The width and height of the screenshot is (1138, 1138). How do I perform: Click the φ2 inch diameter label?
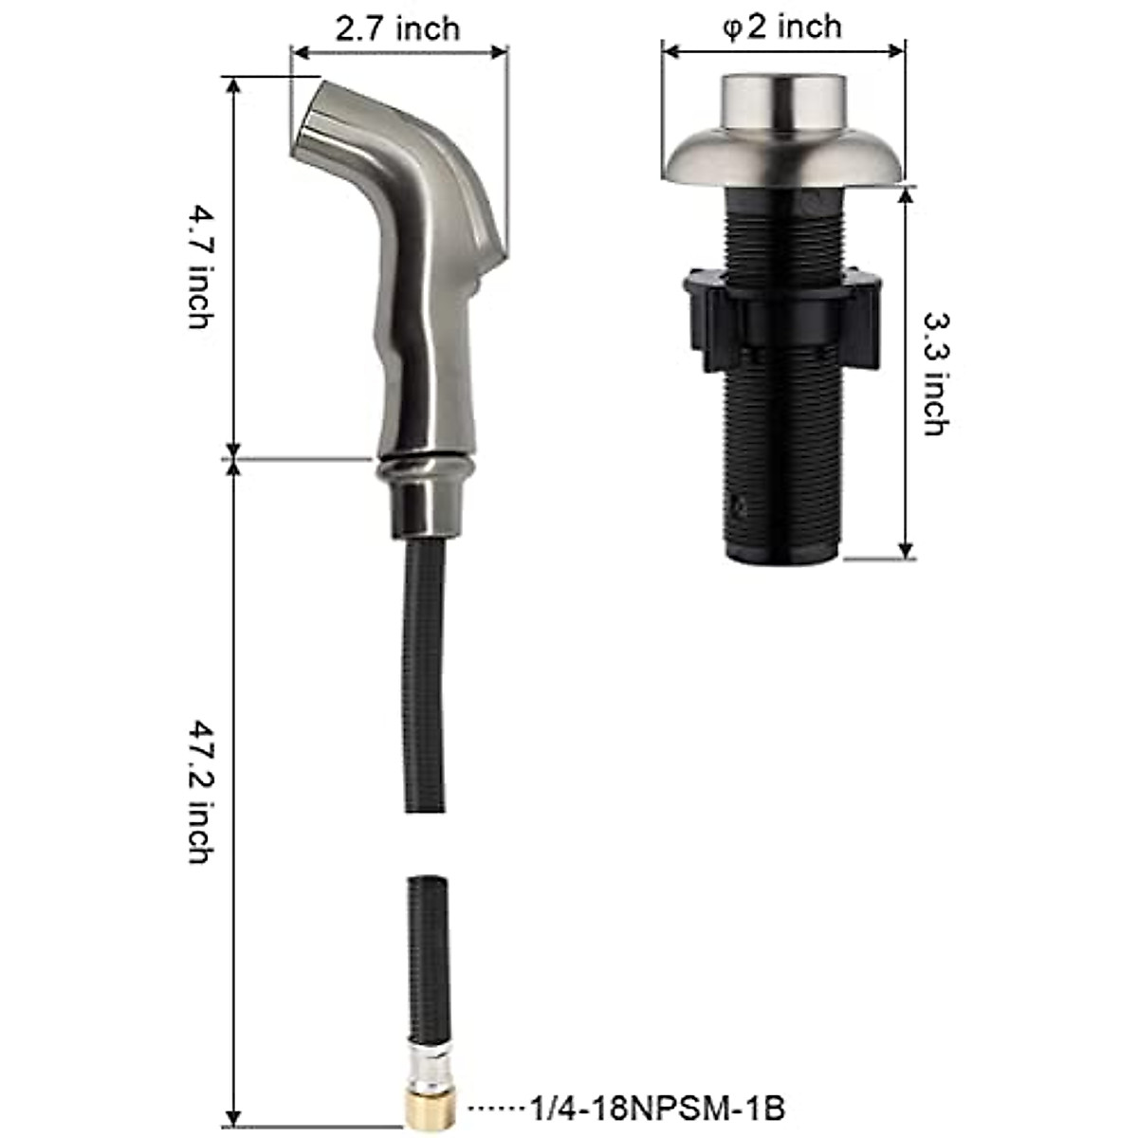click(x=781, y=26)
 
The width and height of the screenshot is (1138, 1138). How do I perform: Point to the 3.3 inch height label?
click(x=934, y=375)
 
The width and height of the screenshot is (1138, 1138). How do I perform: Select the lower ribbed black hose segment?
click(x=428, y=948)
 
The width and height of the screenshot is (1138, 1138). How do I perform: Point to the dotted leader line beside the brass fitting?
click(x=494, y=1108)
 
